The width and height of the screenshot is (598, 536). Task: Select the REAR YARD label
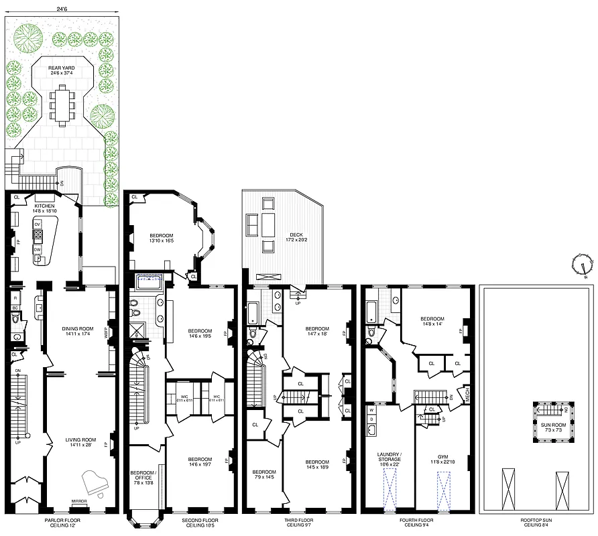(x=61, y=70)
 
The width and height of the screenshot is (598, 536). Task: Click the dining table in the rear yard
(x=62, y=105)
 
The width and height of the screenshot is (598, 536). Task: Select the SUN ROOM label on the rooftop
(x=552, y=425)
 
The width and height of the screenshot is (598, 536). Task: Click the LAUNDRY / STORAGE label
(x=389, y=459)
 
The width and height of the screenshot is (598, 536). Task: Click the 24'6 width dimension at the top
(x=62, y=9)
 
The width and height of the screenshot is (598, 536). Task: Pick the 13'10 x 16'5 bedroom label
(x=161, y=239)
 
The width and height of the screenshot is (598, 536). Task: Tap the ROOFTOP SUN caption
(x=538, y=519)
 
